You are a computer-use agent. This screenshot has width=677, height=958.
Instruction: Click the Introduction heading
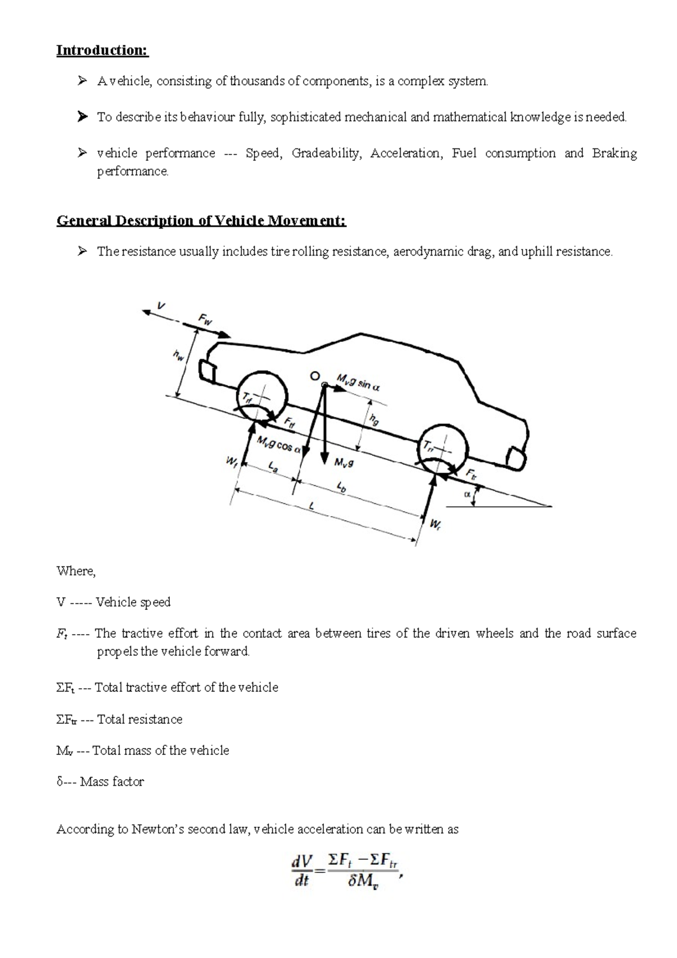click(x=102, y=50)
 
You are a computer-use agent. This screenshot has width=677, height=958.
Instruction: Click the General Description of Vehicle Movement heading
click(x=201, y=220)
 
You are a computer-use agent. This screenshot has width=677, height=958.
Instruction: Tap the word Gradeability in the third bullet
click(x=326, y=153)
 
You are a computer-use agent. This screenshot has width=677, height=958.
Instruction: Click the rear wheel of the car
click(x=442, y=447)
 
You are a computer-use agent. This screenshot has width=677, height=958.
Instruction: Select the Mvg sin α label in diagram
click(x=358, y=382)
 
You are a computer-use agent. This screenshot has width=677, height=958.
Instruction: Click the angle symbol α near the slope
click(x=467, y=494)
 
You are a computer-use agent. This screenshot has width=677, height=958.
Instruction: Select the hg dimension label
click(x=373, y=419)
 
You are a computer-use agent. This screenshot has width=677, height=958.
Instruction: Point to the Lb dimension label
click(x=341, y=487)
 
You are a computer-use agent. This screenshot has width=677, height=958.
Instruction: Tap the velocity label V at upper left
click(x=161, y=306)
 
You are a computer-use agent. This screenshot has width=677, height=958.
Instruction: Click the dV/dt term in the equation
click(x=302, y=871)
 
